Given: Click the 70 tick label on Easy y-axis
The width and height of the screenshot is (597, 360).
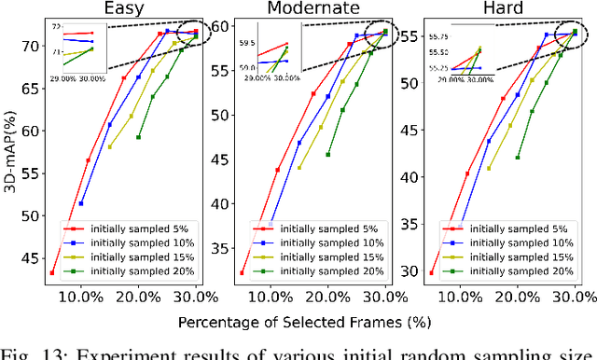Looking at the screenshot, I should [x=29, y=46].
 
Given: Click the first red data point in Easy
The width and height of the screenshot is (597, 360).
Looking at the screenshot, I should [x=52, y=273].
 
